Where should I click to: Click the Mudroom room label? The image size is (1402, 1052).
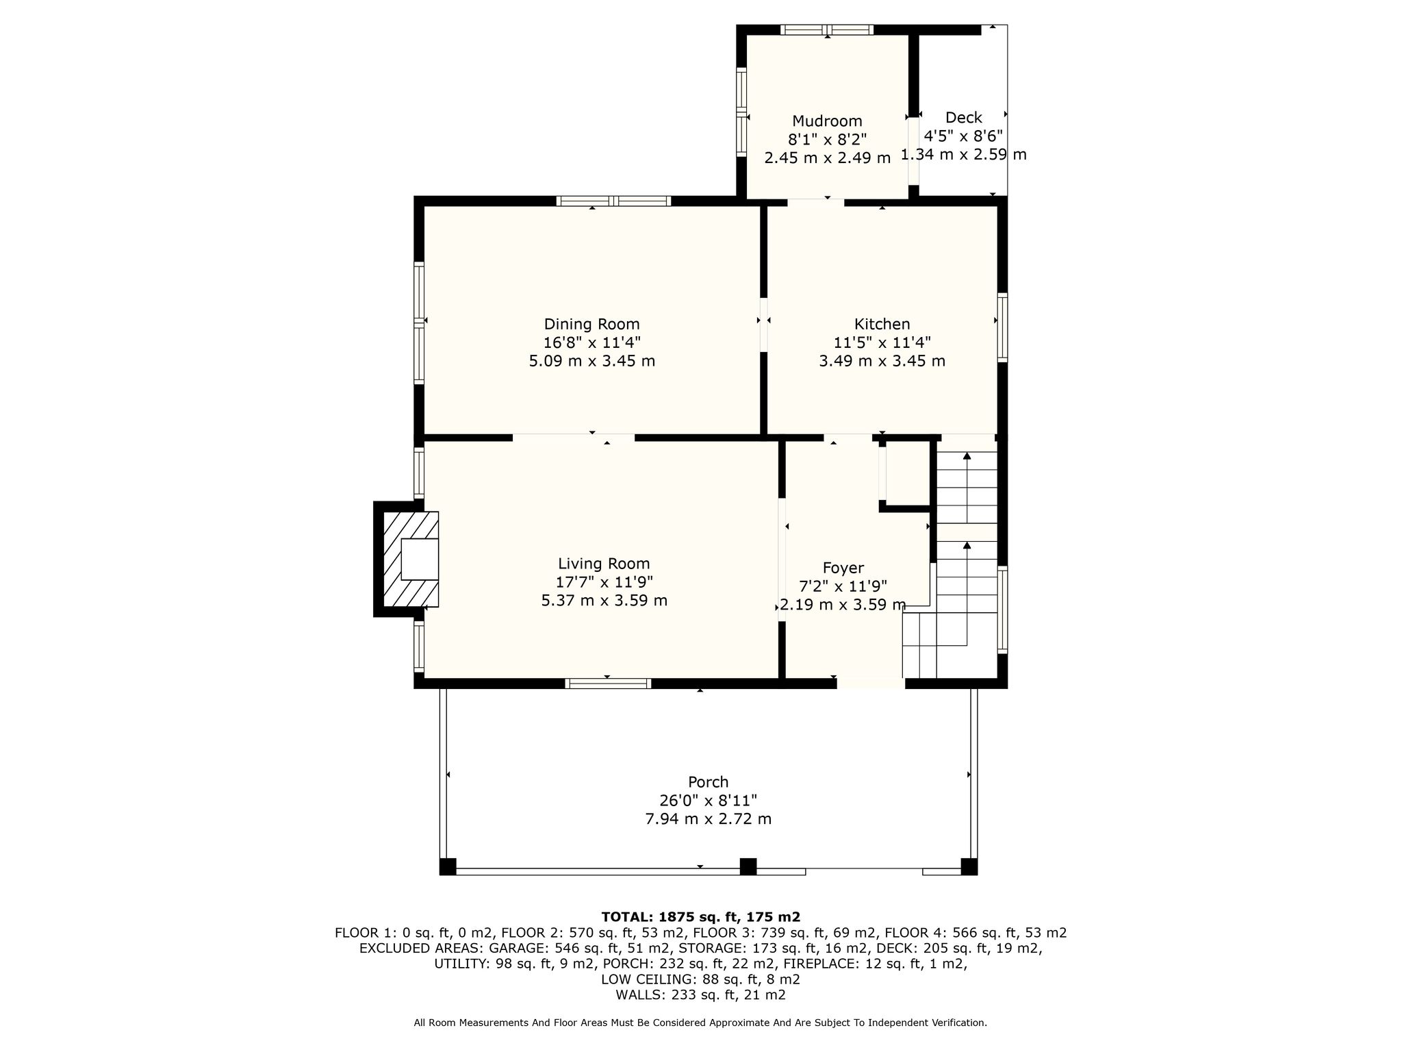click(x=827, y=121)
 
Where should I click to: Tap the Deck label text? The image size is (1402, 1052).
click(x=963, y=118)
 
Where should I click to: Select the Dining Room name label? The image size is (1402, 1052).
click(x=591, y=324)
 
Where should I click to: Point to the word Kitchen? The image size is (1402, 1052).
click(x=882, y=324)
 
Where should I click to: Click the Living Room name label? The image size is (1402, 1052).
click(x=604, y=564)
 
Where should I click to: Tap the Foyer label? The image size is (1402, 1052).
click(x=843, y=568)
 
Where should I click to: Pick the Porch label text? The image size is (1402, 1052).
click(x=708, y=781)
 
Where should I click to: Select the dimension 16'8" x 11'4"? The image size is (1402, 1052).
click(x=591, y=342)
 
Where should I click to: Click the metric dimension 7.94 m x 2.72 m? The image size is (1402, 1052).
click(x=709, y=818)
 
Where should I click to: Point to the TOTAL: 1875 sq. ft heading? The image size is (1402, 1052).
click(x=701, y=916)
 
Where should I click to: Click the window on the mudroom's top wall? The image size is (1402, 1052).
click(x=827, y=29)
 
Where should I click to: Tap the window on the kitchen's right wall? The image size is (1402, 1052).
click(x=1002, y=327)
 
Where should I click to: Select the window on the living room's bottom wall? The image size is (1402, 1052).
click(x=608, y=683)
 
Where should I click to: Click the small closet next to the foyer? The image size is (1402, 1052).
click(x=904, y=473)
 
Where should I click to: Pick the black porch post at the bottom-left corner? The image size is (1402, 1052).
click(x=448, y=866)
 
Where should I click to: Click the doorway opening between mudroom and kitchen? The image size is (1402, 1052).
click(x=815, y=203)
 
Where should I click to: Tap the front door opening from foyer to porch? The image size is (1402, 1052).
click(x=871, y=683)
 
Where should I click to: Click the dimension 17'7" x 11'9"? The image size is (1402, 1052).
click(x=604, y=582)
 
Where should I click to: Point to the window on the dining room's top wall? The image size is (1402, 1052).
click(x=613, y=201)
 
